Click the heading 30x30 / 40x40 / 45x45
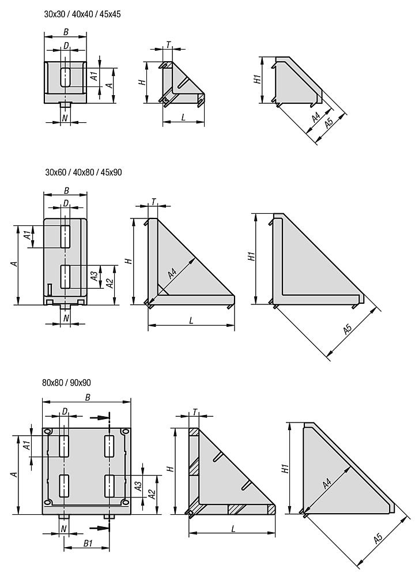click(x=82, y=14)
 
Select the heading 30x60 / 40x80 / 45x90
click(x=83, y=172)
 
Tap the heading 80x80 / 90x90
click(x=67, y=383)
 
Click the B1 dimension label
click(x=88, y=543)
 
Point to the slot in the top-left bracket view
click(x=66, y=77)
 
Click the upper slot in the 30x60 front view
click(x=66, y=236)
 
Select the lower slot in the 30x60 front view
click(x=66, y=276)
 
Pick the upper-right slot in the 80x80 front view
click(x=110, y=446)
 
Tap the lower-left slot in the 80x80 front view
click(x=65, y=486)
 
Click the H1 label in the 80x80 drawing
click(x=285, y=468)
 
